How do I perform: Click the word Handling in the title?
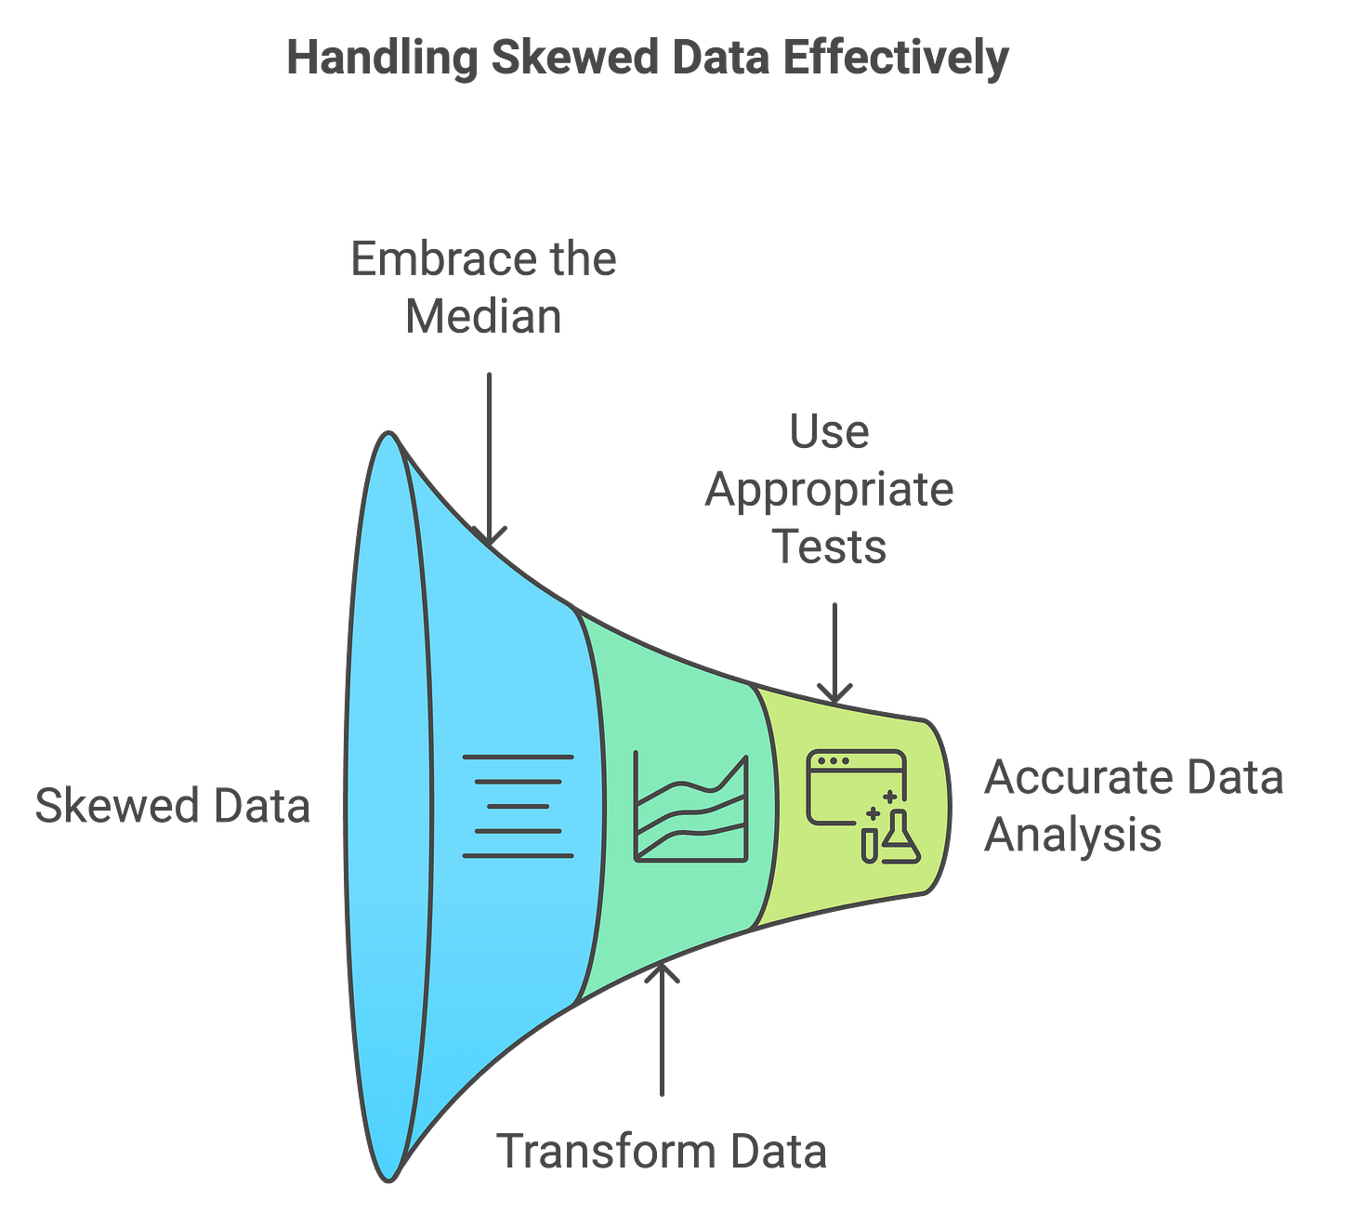380,58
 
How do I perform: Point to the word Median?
485,316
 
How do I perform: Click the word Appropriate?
829,489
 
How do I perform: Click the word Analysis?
1073,834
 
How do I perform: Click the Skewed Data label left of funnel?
172,805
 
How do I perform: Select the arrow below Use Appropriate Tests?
834,652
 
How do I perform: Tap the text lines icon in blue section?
518,806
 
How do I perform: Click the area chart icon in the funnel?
690,806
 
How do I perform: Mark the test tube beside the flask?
869,844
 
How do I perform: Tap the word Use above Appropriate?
830,431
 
